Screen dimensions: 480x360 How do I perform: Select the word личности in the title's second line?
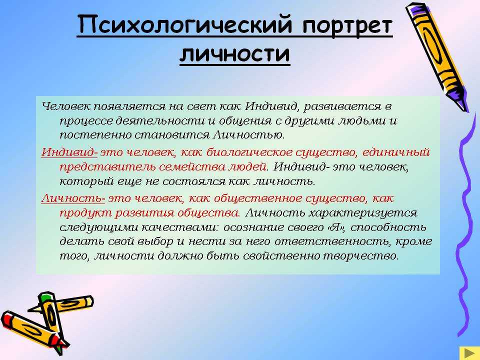[x=234, y=54]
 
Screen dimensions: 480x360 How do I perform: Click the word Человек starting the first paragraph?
[x=66, y=106]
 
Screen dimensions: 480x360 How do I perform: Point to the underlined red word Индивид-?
[x=69, y=152]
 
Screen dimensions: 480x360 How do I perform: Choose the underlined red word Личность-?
[x=73, y=198]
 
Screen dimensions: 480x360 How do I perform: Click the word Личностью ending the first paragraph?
[x=248, y=135]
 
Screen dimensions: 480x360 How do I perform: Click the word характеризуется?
[x=363, y=213]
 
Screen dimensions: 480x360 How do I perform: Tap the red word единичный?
[x=396, y=152]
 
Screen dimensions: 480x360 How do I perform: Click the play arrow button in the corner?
[x=468, y=353]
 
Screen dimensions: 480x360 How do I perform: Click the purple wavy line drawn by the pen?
[x=466, y=223]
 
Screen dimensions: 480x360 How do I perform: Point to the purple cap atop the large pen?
[x=417, y=9]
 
